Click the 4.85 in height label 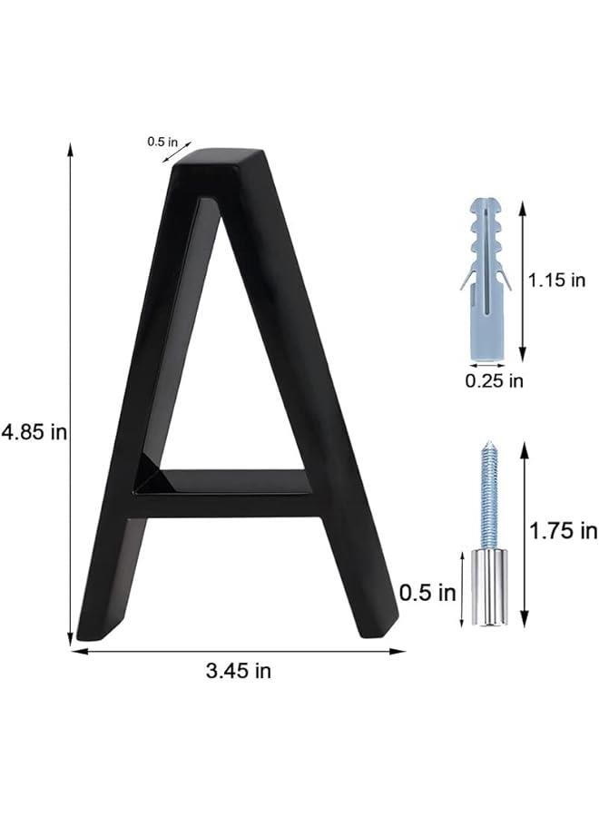pos(34,433)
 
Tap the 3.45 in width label pos(239,672)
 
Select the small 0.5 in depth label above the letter pos(170,142)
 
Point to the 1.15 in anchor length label pos(557,281)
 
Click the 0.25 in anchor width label pos(494,381)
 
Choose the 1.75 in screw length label pos(564,530)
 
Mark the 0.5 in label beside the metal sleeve pos(427,594)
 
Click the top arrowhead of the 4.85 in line pos(70,149)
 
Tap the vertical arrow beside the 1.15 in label pos(523,281)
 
